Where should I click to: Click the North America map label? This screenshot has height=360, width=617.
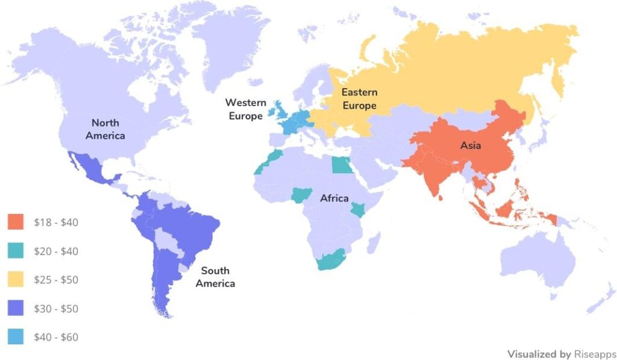click(x=105, y=129)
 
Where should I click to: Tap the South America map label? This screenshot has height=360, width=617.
click(x=215, y=277)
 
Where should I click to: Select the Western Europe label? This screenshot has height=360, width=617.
click(x=246, y=109)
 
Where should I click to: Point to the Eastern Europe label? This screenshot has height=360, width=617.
click(x=359, y=99)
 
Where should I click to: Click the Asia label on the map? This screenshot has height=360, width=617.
click(x=471, y=145)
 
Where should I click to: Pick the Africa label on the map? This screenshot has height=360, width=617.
click(x=334, y=198)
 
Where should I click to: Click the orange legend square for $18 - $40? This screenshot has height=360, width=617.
click(x=16, y=222)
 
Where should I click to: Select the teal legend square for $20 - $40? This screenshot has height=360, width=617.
click(x=16, y=251)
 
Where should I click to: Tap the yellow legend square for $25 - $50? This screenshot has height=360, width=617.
click(x=16, y=280)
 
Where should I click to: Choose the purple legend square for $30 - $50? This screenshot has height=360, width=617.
click(x=16, y=309)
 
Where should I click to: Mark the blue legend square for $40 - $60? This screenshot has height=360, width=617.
click(x=16, y=338)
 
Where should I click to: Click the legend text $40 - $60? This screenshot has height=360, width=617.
click(x=56, y=338)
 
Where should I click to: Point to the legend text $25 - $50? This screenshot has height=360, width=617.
click(x=56, y=280)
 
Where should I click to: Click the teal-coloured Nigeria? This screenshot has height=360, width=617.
click(x=299, y=195)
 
